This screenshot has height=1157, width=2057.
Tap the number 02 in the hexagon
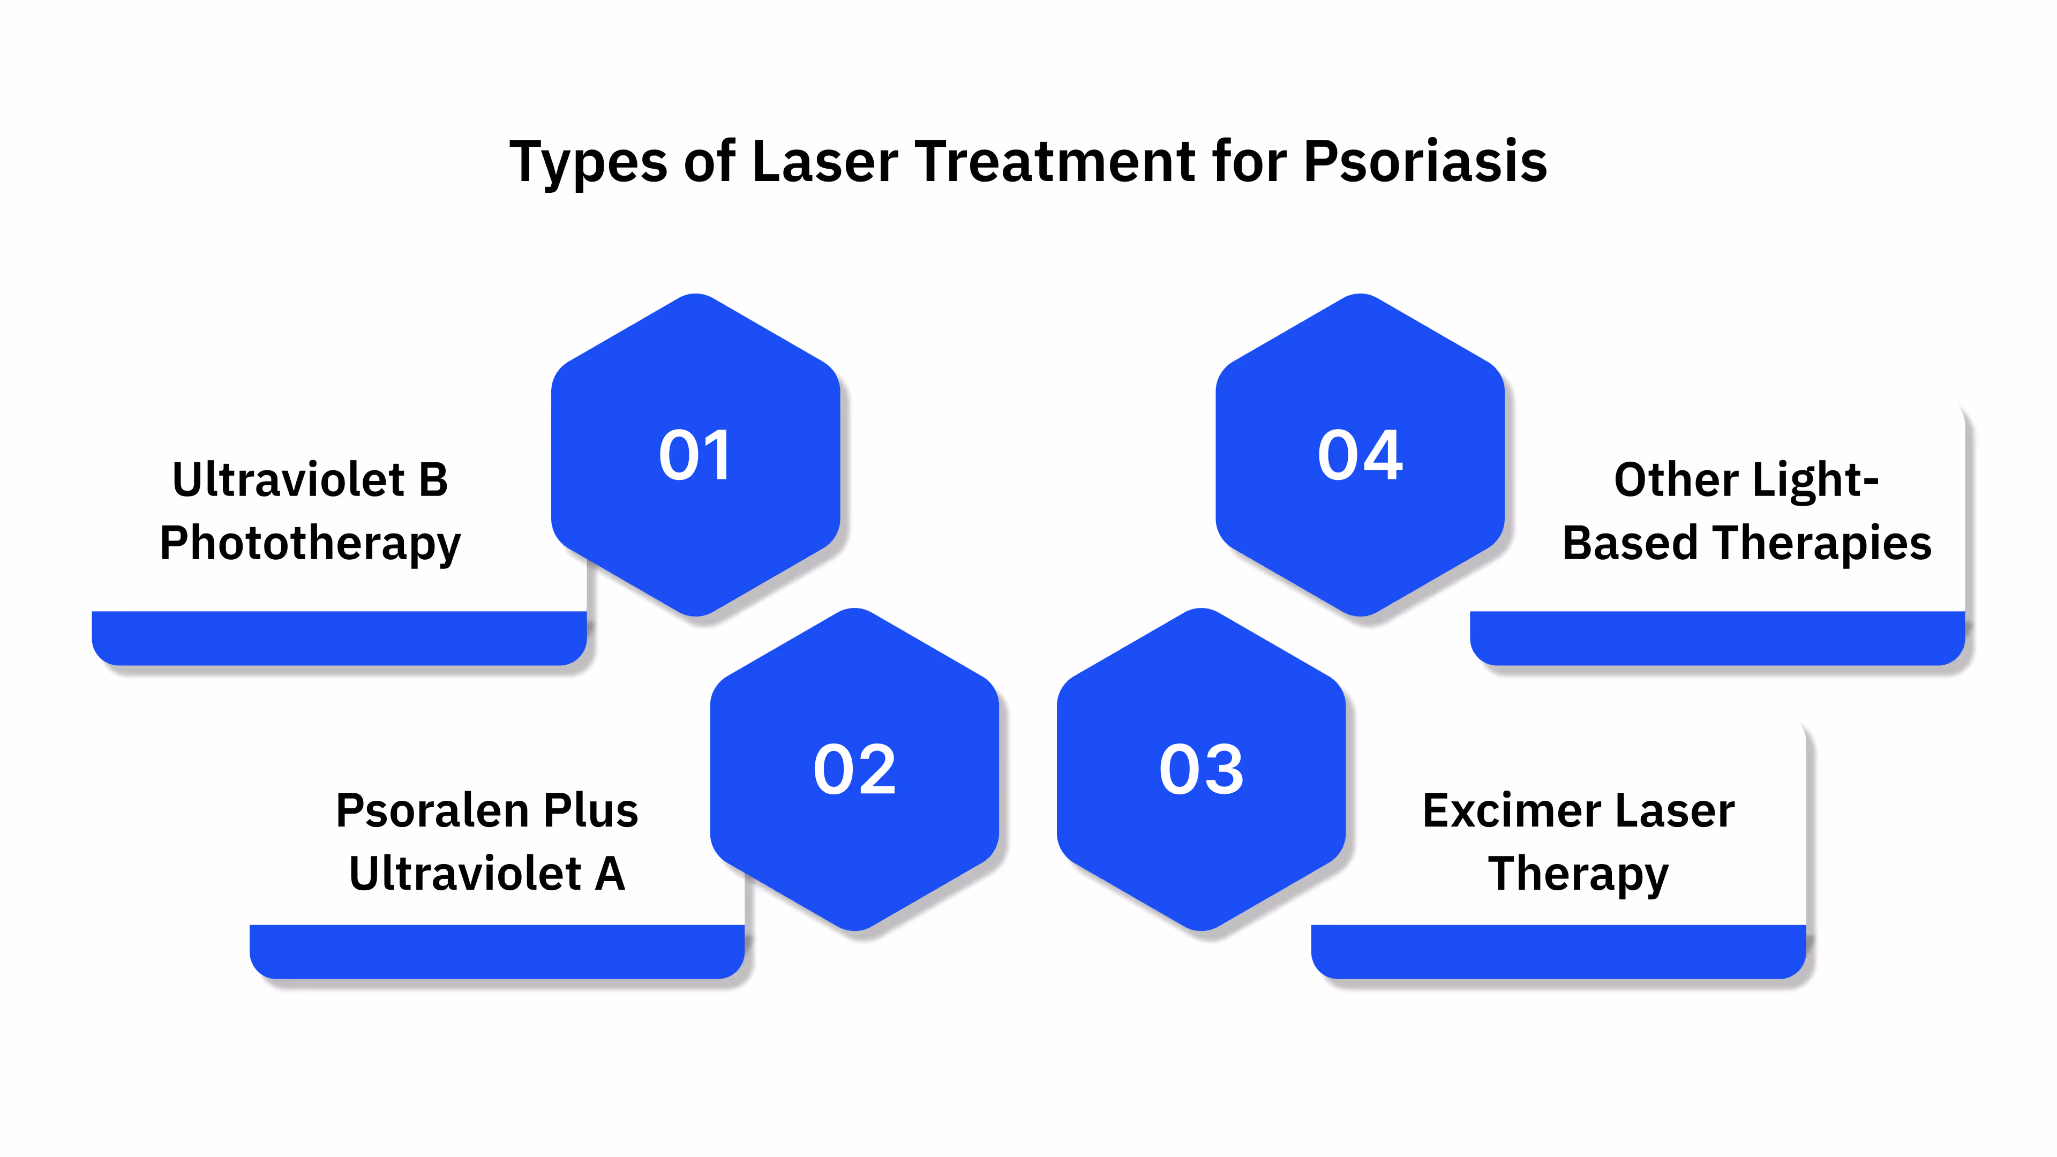tap(854, 769)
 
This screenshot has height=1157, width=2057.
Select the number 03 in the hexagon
tap(1201, 769)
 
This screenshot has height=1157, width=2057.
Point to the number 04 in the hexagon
tap(1360, 455)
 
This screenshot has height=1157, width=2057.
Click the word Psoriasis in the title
tap(1425, 162)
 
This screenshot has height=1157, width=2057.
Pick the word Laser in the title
tap(825, 162)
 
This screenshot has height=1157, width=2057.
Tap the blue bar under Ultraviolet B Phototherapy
tap(339, 638)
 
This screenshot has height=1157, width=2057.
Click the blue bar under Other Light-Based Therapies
tap(1717, 638)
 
